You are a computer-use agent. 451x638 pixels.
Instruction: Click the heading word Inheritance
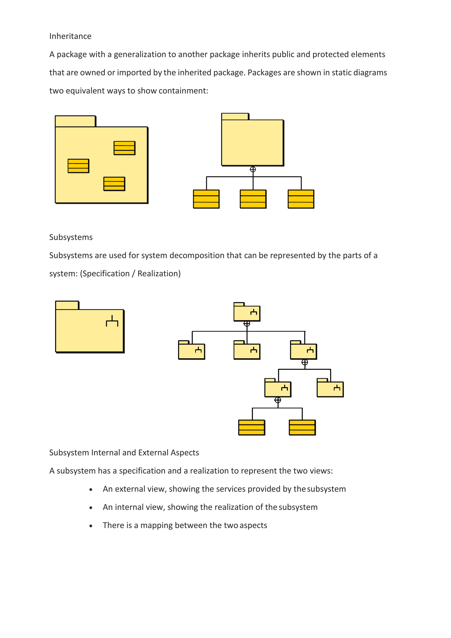tap(70, 36)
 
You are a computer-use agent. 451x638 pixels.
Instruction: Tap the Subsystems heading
tap(71, 237)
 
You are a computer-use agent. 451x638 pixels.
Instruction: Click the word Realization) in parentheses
tap(159, 274)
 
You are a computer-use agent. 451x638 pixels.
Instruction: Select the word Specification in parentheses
tap(106, 274)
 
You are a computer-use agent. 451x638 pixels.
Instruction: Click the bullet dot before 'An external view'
tap(91, 490)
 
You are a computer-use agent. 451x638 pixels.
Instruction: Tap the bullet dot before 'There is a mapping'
tap(91, 526)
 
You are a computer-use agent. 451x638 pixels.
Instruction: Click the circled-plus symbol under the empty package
tap(253, 169)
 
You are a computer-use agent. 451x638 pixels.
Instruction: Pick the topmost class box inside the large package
tap(124, 148)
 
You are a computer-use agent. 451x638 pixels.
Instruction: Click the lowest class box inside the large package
tap(114, 184)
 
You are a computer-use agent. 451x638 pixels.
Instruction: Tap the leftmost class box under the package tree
tap(206, 199)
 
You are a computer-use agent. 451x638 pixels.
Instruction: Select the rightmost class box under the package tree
tap(301, 199)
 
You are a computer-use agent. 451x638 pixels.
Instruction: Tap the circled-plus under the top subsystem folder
tap(247, 324)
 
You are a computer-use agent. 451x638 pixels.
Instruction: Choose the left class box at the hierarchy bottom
tap(251, 427)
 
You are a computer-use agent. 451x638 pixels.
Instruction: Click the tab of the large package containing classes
tap(75, 121)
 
